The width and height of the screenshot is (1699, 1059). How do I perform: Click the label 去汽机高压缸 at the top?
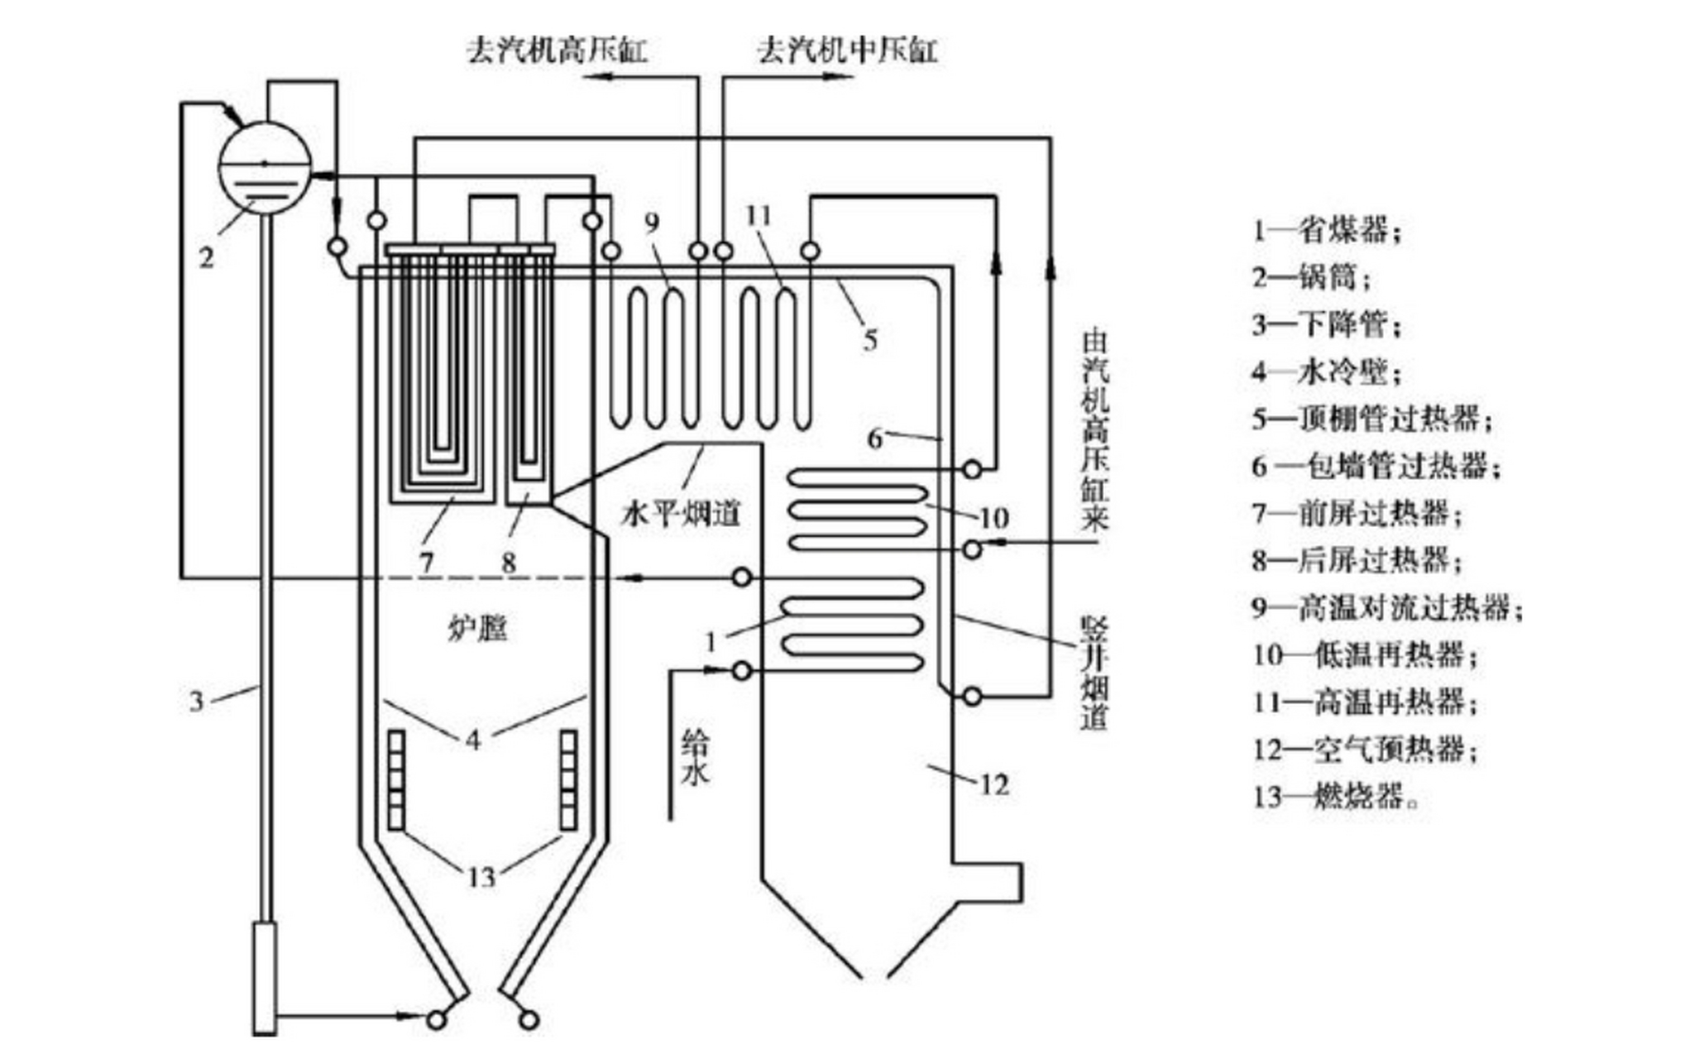coord(557,50)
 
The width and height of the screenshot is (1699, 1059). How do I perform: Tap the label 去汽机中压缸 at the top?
coord(847,50)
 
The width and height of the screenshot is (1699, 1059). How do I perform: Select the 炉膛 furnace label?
coord(478,630)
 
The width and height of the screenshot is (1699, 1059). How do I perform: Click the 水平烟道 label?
coord(680,515)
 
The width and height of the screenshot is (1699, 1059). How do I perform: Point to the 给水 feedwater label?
coord(695,756)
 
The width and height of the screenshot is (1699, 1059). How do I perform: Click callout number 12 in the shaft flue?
coord(994,784)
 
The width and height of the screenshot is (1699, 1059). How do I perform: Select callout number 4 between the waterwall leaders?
coord(473,739)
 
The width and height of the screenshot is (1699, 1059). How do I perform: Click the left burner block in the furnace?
coord(396,780)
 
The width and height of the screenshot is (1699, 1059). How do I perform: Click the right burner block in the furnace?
coord(568,780)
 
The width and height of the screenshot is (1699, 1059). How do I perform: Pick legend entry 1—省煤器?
coord(1328,230)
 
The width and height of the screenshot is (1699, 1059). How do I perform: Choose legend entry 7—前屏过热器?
coord(1357,514)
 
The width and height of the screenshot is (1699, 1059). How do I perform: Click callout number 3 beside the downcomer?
coord(196,702)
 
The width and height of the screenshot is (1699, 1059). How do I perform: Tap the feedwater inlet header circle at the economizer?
coord(743,670)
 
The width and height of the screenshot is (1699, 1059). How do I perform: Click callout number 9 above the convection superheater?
coord(653,222)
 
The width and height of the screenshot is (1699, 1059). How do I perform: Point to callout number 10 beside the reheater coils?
coord(993,518)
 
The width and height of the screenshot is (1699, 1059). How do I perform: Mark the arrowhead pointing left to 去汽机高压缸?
coord(597,77)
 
